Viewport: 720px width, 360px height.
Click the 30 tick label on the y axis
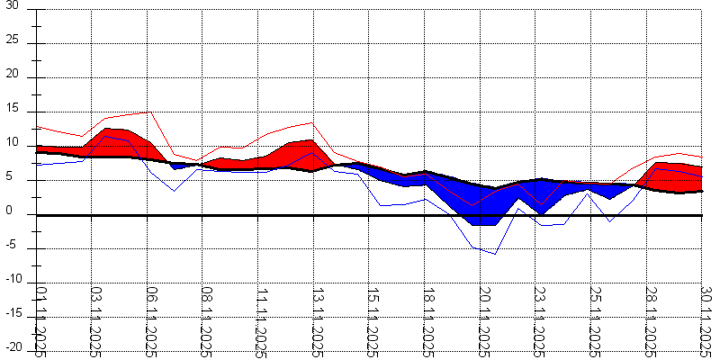tap(12, 8)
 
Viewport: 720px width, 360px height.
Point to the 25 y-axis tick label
tap(12, 42)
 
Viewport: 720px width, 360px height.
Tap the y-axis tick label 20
tap(12, 76)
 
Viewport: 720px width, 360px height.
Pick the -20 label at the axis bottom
tap(11, 347)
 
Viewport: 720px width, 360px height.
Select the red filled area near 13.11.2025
tap(301, 154)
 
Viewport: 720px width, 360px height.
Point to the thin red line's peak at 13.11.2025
tap(311, 122)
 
